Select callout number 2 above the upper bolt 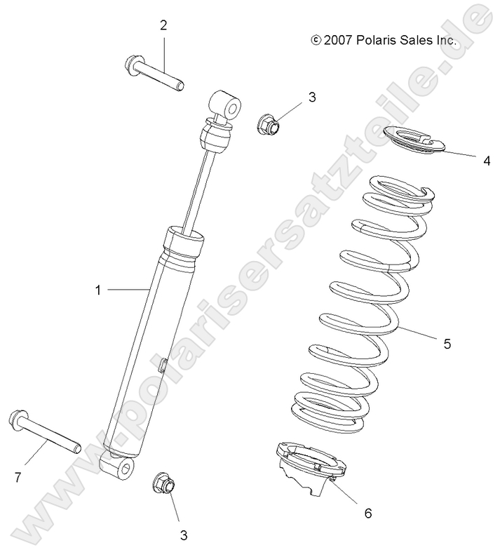point(163,25)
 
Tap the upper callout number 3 point(312,97)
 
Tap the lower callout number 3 point(184,535)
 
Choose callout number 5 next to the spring point(447,344)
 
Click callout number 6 point(367,513)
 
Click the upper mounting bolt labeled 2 point(158,76)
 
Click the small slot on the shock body point(162,365)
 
